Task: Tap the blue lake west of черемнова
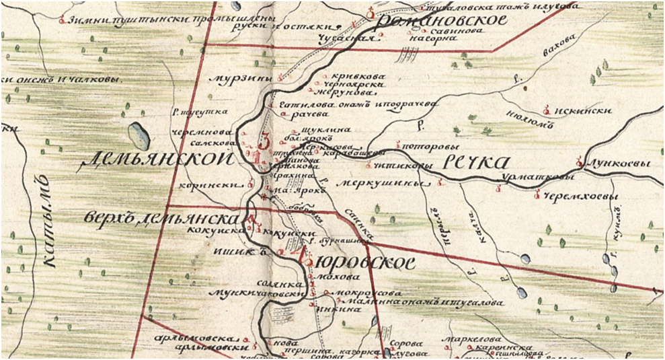(x=140, y=135)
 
